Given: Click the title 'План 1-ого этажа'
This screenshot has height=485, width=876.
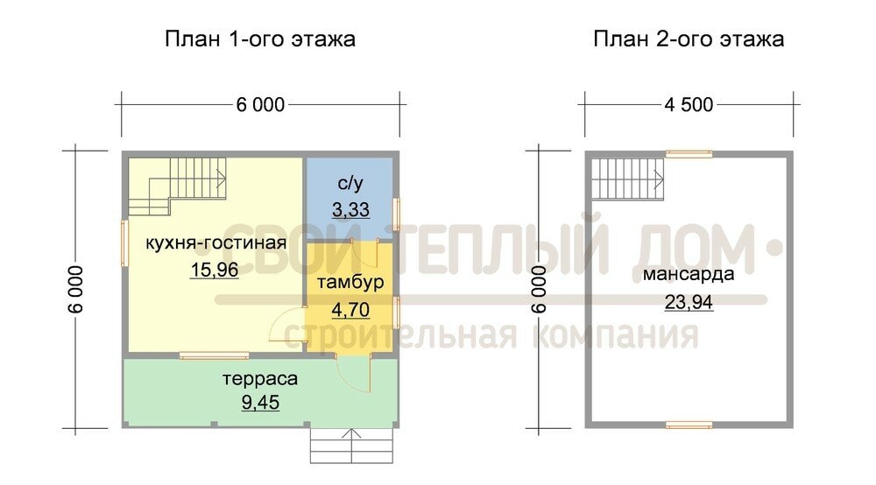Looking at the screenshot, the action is click(x=260, y=39).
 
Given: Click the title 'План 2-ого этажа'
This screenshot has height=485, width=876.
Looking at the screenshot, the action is click(x=689, y=39).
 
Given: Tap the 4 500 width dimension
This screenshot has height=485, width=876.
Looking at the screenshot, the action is click(x=689, y=104).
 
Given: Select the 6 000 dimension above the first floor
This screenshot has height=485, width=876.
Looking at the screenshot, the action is click(x=260, y=104).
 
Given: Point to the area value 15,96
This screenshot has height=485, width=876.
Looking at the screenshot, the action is click(x=215, y=270).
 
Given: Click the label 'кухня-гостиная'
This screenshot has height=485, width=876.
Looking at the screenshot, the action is click(x=216, y=243).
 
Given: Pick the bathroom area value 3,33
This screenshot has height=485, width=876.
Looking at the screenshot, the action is click(x=351, y=209).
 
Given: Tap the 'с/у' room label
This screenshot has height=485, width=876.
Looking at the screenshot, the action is click(x=351, y=183).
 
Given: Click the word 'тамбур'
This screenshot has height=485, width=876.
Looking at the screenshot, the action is click(x=351, y=282).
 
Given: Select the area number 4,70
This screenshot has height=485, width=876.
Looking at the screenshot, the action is click(x=351, y=309).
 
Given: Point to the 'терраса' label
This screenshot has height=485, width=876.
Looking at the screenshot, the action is click(x=260, y=379).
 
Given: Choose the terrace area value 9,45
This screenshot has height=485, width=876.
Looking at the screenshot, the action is click(x=260, y=402).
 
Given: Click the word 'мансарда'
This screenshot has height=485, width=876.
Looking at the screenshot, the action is click(x=689, y=274).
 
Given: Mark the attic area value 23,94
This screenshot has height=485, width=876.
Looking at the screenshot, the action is click(x=689, y=302).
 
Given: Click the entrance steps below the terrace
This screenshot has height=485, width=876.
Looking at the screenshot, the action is click(x=352, y=446).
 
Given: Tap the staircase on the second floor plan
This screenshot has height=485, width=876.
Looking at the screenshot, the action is click(x=627, y=179).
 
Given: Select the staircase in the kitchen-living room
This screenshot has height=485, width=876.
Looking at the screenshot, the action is click(x=177, y=186).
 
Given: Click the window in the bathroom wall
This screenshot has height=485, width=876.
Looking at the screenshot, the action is click(x=396, y=214).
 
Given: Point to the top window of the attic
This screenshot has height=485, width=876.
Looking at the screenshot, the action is click(x=689, y=154).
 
